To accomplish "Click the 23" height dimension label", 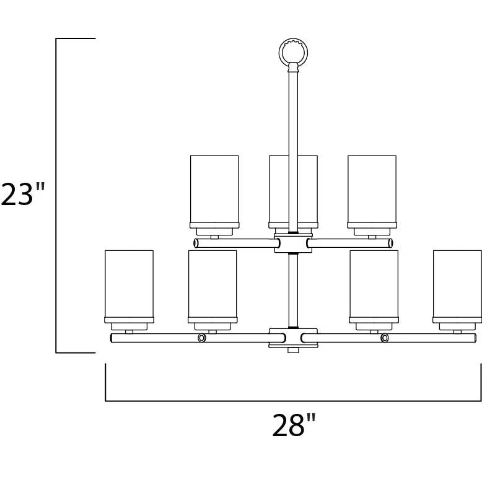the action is pos(23,195).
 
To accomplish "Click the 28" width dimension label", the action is pos(294,425).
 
